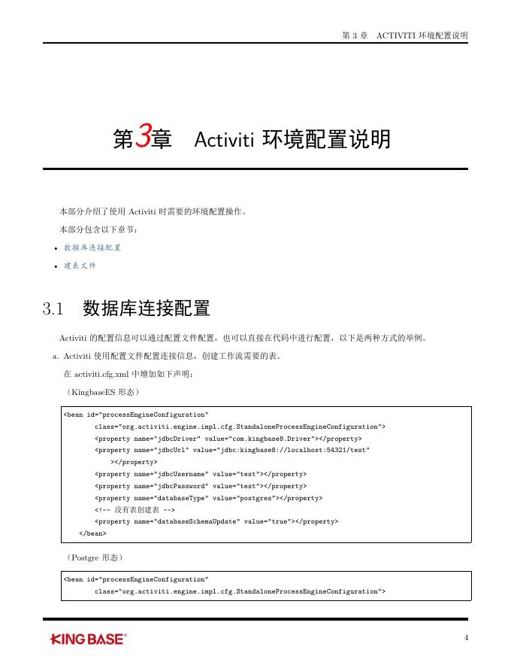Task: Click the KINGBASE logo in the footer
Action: coord(88,639)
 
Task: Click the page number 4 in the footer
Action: coord(467,639)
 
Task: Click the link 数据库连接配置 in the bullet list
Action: coord(92,247)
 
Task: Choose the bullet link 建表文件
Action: coord(80,266)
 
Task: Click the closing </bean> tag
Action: coord(92,533)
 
